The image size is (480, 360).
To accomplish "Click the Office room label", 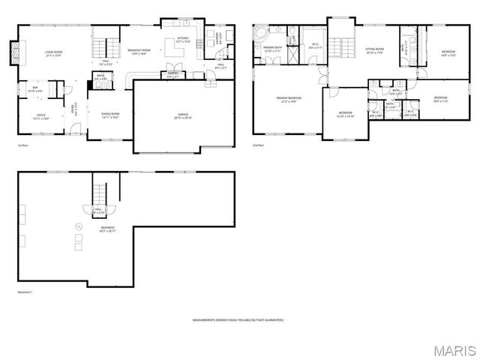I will click(x=42, y=116).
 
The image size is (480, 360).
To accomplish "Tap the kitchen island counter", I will click(x=180, y=49).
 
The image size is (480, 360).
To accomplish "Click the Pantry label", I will click(x=173, y=76).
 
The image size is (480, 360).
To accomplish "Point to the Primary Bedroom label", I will click(x=289, y=99).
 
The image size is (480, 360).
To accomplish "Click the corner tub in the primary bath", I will click(x=262, y=35).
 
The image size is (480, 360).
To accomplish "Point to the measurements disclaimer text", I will click(x=239, y=320).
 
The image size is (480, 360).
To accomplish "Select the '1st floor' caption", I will click(x=22, y=145).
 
